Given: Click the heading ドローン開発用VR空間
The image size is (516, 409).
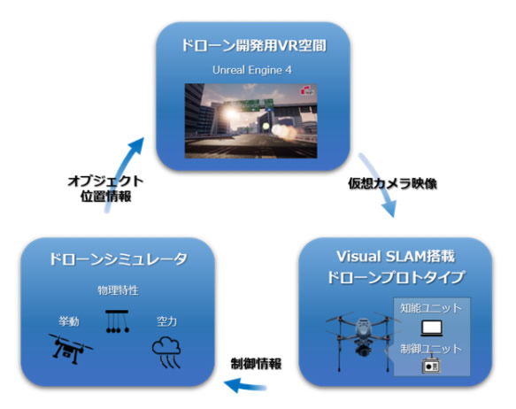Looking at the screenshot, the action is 254,45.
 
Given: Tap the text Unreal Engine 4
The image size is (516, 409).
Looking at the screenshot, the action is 252,70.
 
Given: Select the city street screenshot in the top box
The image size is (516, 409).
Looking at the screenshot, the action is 250,120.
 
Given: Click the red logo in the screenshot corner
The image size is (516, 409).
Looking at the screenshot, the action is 307,91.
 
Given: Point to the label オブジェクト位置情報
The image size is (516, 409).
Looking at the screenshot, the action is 105,189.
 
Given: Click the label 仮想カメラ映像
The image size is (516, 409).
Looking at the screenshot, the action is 393,183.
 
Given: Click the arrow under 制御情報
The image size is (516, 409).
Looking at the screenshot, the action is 245,385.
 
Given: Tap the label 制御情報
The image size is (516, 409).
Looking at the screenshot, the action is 256,364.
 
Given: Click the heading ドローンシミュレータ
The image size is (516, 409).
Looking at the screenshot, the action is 119,259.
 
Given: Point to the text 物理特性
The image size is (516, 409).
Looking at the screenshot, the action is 118,290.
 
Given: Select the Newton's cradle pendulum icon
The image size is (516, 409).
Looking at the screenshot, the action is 117,321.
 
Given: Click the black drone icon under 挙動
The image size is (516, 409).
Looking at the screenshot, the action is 71,349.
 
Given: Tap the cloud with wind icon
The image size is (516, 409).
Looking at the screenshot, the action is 166,352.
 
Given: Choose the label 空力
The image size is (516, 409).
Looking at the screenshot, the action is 166,321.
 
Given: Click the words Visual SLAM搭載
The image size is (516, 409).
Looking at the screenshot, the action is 396,257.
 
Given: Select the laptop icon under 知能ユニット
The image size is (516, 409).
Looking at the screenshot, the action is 432,328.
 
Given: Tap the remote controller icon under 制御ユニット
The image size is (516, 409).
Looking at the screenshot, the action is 431,365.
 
